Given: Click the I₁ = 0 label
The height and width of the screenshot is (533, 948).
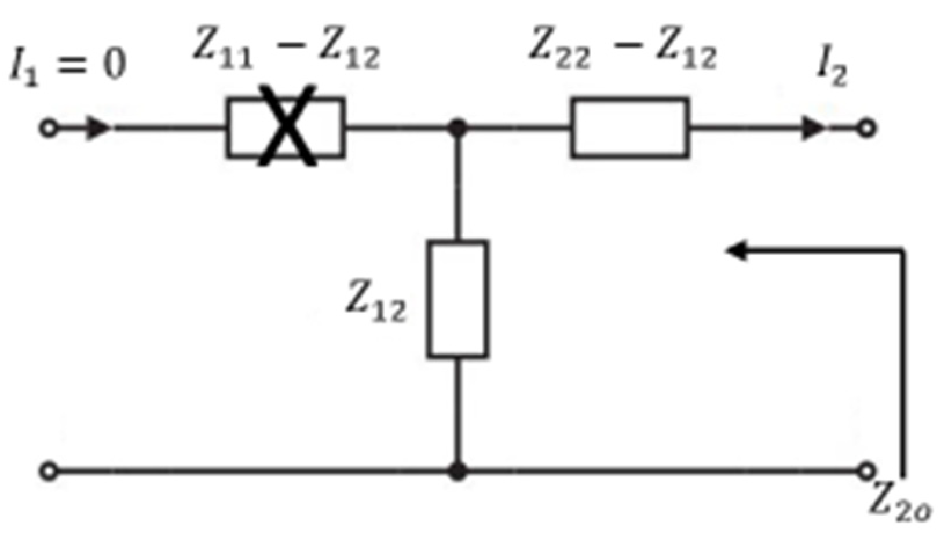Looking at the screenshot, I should pos(68,65).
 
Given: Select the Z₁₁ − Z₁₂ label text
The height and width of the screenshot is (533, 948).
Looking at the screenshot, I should pos(286,54).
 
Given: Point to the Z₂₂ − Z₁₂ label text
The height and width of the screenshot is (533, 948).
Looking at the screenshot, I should pos(622,54).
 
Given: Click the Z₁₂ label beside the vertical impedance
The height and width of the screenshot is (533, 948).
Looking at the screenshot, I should pos(376,302).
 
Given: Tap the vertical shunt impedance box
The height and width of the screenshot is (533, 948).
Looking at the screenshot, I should pos(457,299).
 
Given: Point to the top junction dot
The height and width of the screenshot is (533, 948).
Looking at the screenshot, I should pos(457,127).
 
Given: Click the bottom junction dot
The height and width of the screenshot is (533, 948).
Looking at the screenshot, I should pos(457,471).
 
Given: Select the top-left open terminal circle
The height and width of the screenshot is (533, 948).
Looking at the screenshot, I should pos(49,128).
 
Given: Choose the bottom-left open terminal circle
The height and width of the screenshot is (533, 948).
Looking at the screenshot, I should pos(49,471).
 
